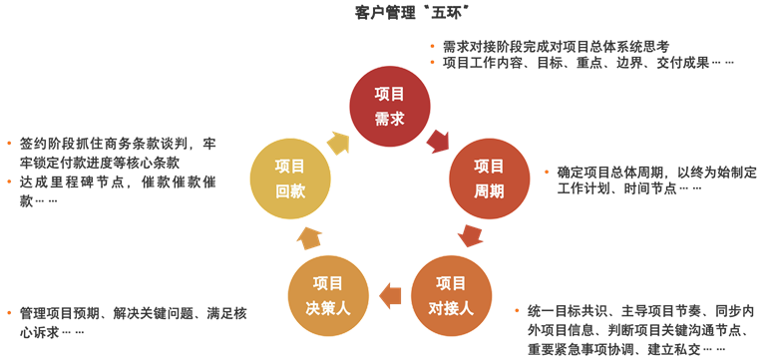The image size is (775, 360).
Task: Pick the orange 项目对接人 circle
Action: tap(451, 295)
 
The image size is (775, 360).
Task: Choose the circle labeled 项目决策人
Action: tap(328, 295)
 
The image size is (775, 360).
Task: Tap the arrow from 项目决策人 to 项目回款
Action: tap(308, 237)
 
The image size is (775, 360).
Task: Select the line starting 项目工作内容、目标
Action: tap(583, 63)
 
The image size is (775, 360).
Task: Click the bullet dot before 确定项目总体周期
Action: tap(534, 172)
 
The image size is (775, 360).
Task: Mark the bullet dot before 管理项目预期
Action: tap(8, 313)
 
